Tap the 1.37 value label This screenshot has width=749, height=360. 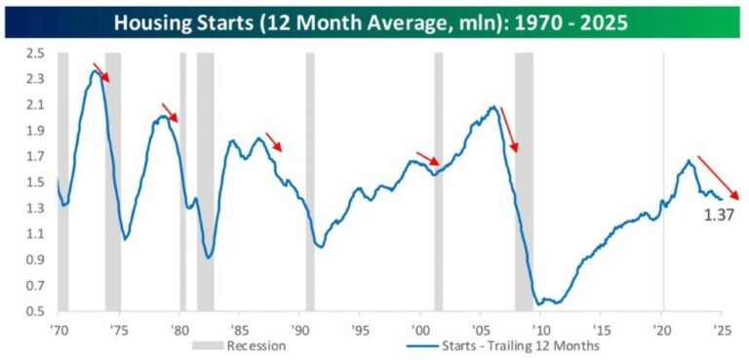[x=720, y=214]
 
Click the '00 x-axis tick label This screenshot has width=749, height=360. [x=420, y=328]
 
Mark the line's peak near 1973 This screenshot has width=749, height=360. [x=94, y=70]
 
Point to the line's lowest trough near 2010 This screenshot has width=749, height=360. [x=538, y=304]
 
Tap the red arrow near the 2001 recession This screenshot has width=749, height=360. [x=427, y=159]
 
